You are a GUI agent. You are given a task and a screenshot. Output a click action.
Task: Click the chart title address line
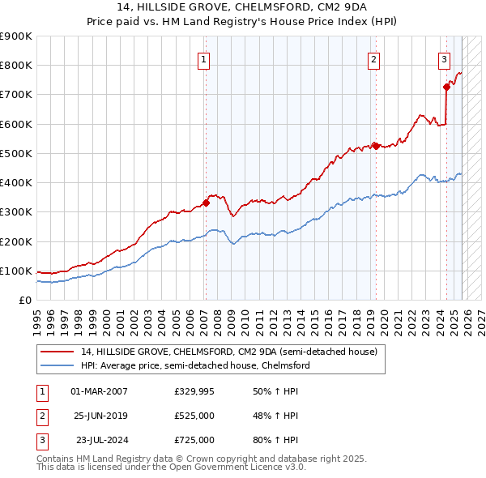point(243,8)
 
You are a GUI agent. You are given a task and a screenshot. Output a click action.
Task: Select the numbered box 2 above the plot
point(373,58)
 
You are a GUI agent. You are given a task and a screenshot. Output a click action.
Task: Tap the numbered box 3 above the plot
point(445,58)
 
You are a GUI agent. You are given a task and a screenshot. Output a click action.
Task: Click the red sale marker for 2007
point(206,203)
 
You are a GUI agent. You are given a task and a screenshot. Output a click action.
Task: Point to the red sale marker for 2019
point(376,146)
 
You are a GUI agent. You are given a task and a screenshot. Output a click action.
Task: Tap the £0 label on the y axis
point(24,301)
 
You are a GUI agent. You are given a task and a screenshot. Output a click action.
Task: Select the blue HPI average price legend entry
point(195,365)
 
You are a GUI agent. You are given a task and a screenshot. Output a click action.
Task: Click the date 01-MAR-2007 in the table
point(99,391)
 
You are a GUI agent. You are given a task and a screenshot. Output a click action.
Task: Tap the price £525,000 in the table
point(194,416)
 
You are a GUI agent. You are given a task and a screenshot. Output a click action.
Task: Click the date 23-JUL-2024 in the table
point(99,440)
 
